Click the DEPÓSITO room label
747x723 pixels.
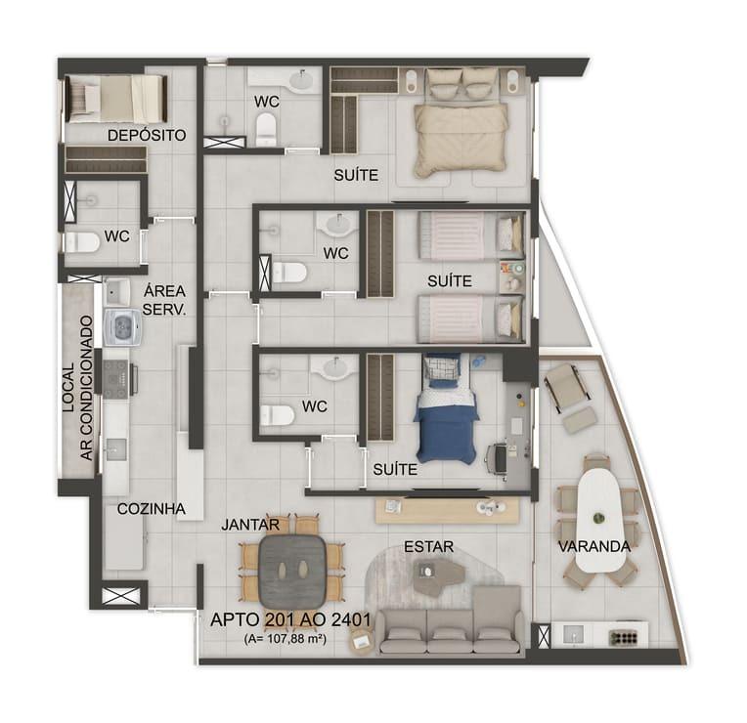click(147, 135)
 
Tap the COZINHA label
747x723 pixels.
click(152, 509)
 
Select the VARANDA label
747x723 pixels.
click(594, 546)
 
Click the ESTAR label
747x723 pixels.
click(429, 547)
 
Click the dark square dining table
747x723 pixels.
click(292, 568)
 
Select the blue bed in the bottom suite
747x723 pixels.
click(446, 408)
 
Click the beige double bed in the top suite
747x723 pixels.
click(461, 122)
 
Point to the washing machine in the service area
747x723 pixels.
click(122, 326)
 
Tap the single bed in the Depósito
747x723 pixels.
click(116, 99)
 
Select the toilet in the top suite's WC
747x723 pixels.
click(266, 129)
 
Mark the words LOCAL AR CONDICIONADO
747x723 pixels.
click(77, 389)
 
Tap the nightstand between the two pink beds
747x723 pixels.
click(512, 276)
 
